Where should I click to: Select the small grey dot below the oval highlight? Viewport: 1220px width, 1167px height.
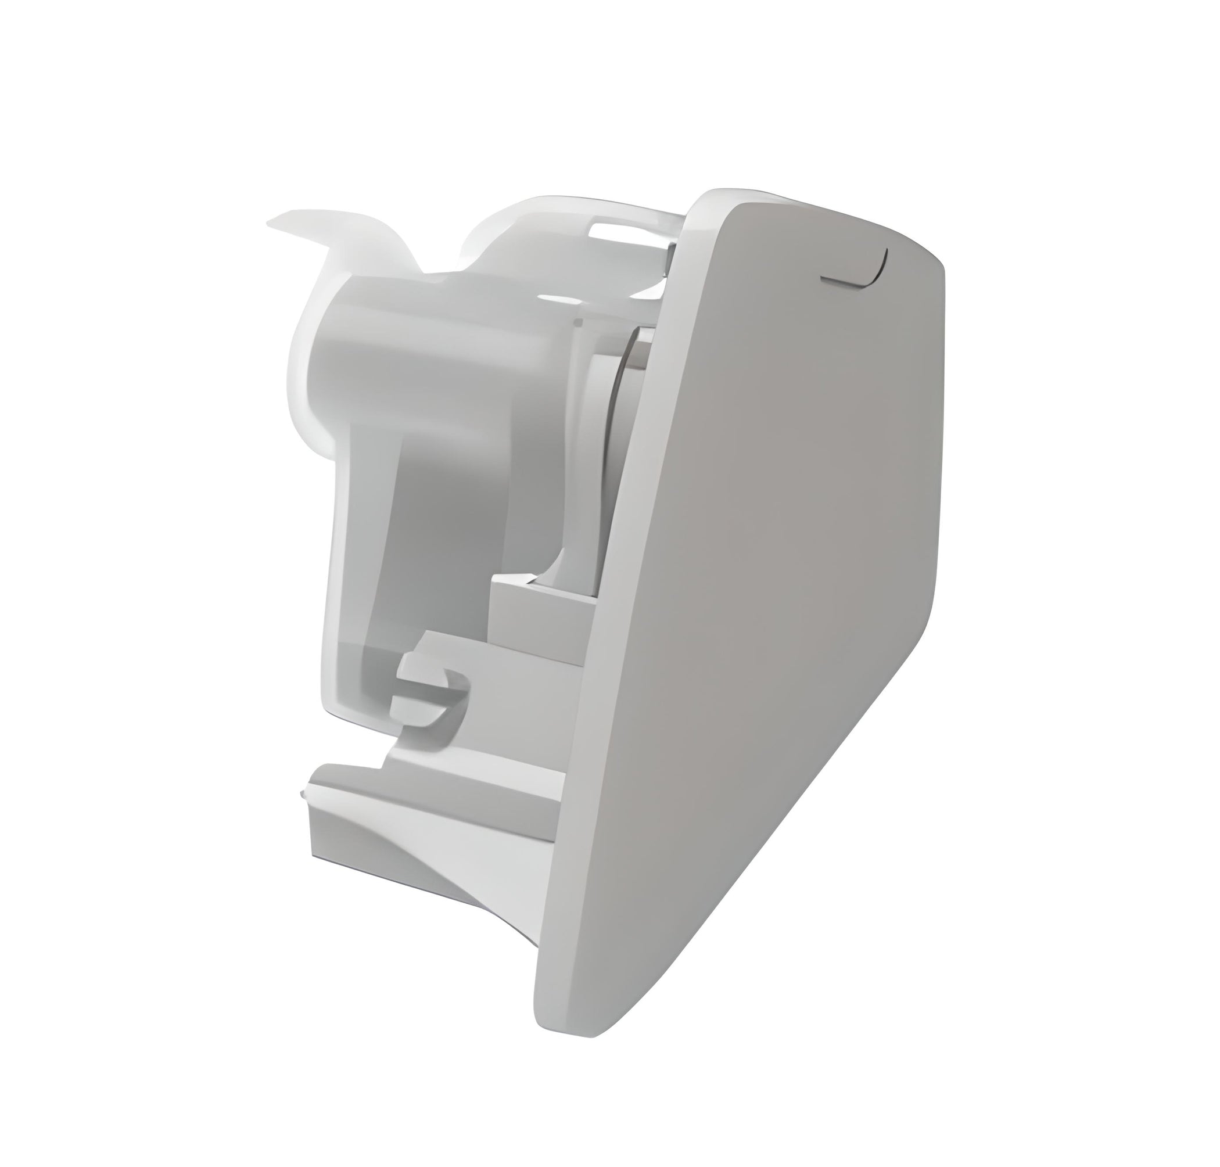coord(579,322)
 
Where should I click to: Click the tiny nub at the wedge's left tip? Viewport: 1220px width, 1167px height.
coord(302,793)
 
